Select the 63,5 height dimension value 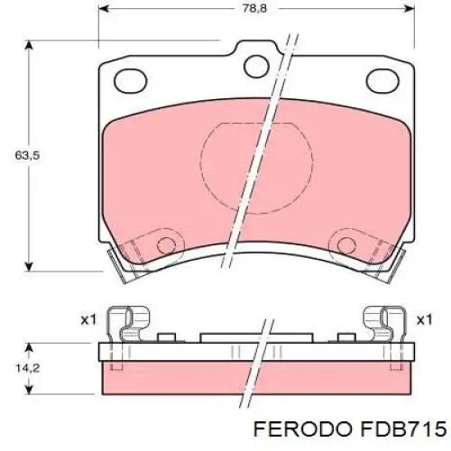pyautogui.click(x=27, y=155)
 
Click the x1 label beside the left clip pyautogui.click(x=87, y=319)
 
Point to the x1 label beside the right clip pyautogui.click(x=423, y=319)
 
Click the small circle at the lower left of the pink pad pyautogui.click(x=165, y=245)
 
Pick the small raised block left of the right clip pyautogui.click(x=344, y=339)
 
